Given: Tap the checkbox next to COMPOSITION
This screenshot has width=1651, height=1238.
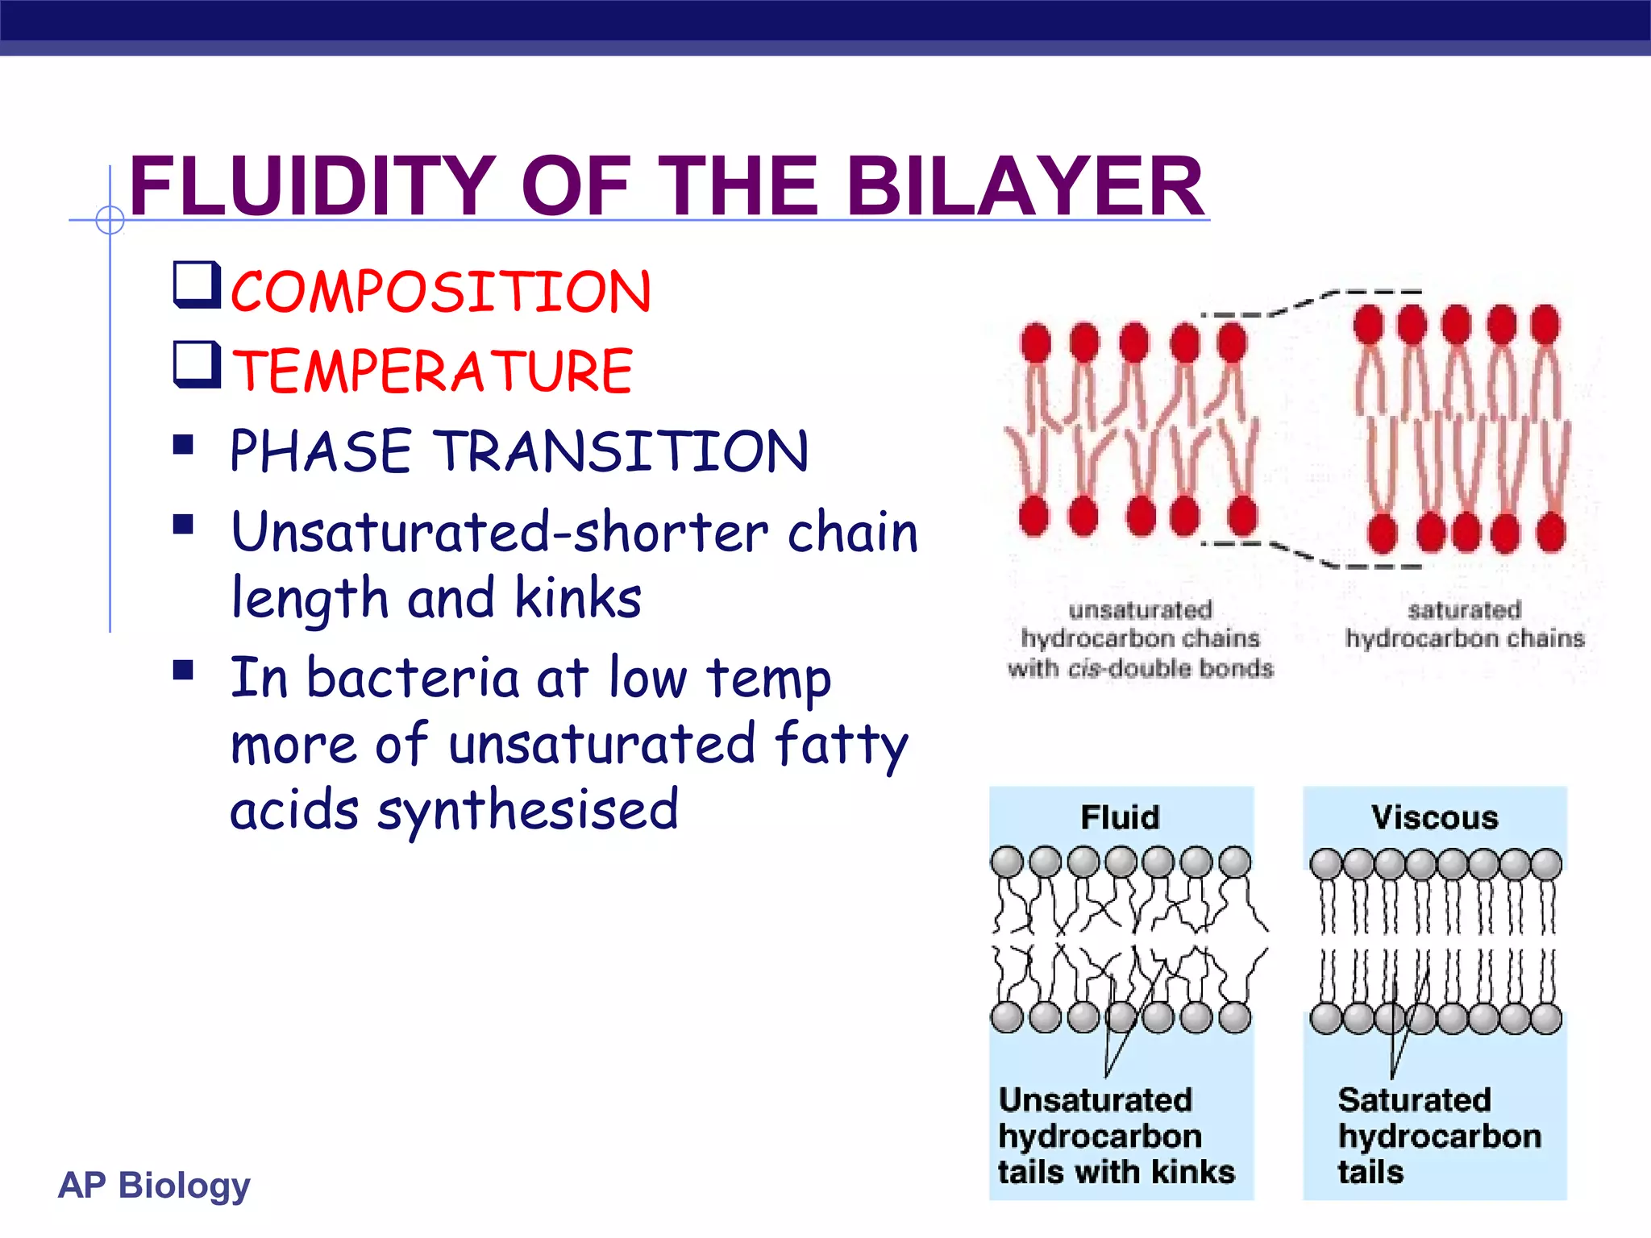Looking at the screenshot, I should coord(197,285).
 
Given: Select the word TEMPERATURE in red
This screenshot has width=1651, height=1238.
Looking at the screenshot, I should coord(433,372).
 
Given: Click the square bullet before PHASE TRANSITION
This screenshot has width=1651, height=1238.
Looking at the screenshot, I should coord(184,445).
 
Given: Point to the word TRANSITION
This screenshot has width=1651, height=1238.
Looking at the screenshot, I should coord(623,451).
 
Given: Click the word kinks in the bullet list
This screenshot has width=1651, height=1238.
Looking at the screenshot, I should coord(578,598).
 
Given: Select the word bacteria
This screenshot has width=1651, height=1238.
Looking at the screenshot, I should coord(413,678).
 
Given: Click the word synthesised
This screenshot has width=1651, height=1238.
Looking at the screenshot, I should coord(528,810).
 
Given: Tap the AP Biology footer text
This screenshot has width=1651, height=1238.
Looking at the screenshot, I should coord(155,1185).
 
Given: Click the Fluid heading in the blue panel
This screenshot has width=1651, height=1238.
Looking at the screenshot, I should coord(1120,817).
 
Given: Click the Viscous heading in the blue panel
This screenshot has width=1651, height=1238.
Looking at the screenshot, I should coord(1435,817).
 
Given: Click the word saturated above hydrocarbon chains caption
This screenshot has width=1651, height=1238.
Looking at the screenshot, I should coord(1465,610).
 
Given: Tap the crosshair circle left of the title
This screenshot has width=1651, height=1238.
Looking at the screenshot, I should coord(110,219).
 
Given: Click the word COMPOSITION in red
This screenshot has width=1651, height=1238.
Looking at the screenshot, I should coord(441,292).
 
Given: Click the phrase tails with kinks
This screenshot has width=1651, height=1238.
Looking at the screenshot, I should coord(1117,1172).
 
